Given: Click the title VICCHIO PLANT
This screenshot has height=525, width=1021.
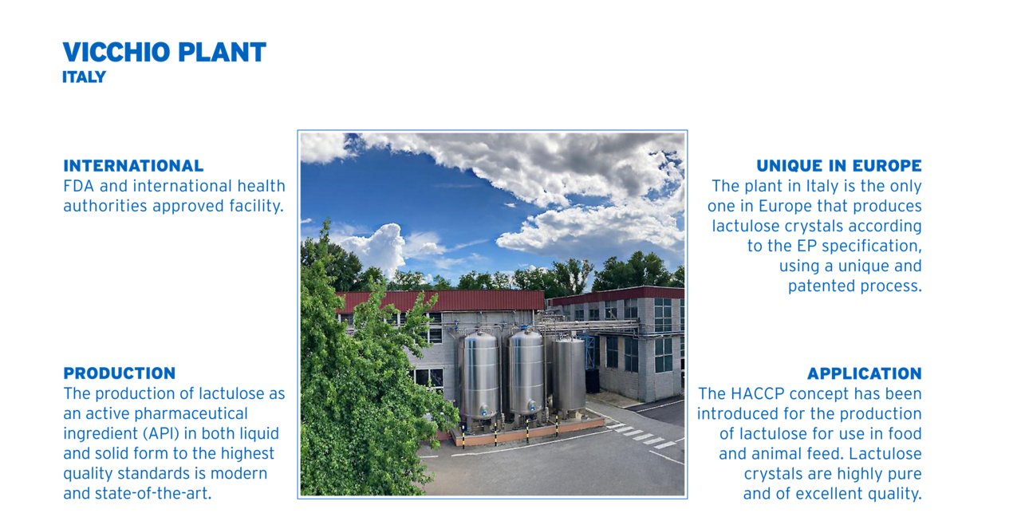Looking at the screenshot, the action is (164, 52).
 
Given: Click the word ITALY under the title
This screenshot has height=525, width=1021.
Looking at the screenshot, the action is (84, 77).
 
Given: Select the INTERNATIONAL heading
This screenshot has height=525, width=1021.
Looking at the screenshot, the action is (133, 165).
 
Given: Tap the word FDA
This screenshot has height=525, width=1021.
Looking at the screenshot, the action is (79, 186).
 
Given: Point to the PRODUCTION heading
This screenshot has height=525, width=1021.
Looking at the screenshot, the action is (119, 373).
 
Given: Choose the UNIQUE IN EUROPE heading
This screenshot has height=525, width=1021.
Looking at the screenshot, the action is (839, 165).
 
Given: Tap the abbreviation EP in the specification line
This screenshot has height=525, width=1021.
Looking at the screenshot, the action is (806, 246).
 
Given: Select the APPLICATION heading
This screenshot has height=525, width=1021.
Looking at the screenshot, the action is (864, 373).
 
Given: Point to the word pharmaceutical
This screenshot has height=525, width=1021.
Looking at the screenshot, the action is (191, 414).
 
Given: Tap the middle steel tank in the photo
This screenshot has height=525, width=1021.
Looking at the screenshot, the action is (526, 373).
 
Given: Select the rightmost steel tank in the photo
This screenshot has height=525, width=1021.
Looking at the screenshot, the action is (569, 375).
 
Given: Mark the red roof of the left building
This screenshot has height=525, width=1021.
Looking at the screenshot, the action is (442, 302).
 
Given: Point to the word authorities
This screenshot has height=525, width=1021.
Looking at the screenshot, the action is (104, 206).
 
